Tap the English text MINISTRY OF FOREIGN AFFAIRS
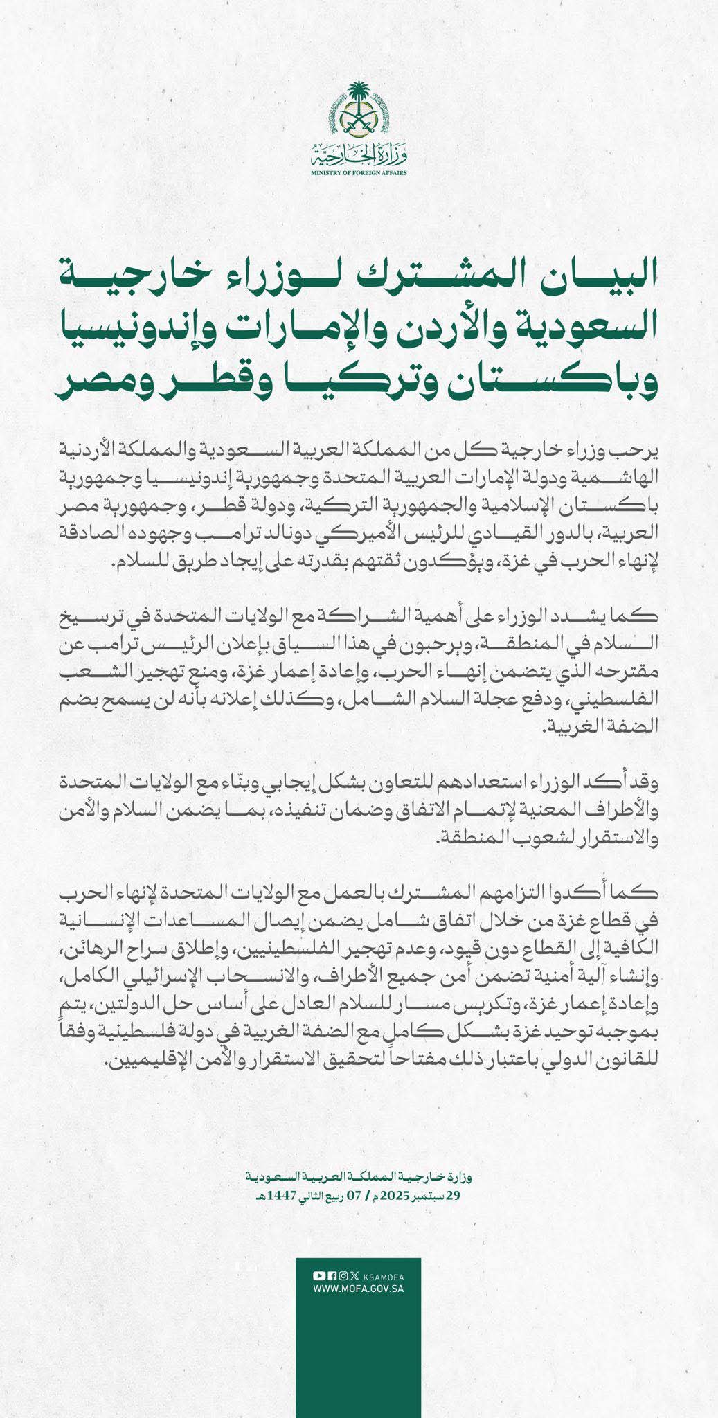tap(359, 171)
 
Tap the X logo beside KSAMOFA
tap(354, 1276)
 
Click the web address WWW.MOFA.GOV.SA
tap(359, 1289)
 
